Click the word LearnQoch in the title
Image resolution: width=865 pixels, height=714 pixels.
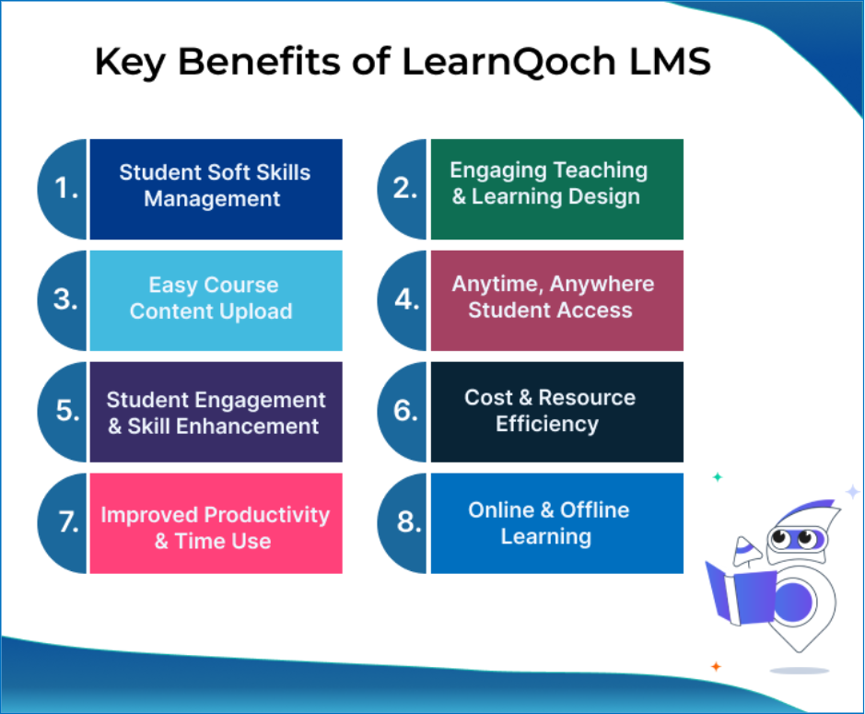pyautogui.click(x=508, y=61)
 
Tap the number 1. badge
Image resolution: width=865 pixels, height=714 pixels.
pyautogui.click(x=63, y=189)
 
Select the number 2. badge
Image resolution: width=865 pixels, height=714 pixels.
pyautogui.click(x=403, y=189)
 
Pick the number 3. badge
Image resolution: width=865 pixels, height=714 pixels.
pyautogui.click(x=63, y=300)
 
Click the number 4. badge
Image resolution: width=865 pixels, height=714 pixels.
pyautogui.click(x=403, y=300)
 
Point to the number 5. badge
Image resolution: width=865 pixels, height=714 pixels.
pyautogui.click(x=63, y=412)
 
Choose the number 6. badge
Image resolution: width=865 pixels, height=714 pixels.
pyautogui.click(x=403, y=412)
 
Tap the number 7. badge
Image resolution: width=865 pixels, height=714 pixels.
pyautogui.click(x=63, y=523)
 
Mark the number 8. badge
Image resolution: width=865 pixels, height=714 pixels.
pyautogui.click(x=403, y=523)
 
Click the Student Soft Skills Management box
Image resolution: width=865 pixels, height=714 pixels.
pyautogui.click(x=216, y=189)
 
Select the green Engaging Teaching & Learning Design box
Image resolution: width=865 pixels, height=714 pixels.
pyautogui.click(x=556, y=189)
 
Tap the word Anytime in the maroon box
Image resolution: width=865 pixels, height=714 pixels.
pyautogui.click(x=497, y=285)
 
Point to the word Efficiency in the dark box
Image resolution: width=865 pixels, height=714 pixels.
pyautogui.click(x=546, y=424)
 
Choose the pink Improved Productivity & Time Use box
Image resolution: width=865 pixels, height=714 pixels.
pyautogui.click(x=216, y=523)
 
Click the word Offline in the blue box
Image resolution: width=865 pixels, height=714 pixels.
pyautogui.click(x=595, y=509)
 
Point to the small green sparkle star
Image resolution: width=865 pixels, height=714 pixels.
pyautogui.click(x=718, y=476)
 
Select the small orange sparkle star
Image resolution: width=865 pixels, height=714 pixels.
pyautogui.click(x=716, y=666)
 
